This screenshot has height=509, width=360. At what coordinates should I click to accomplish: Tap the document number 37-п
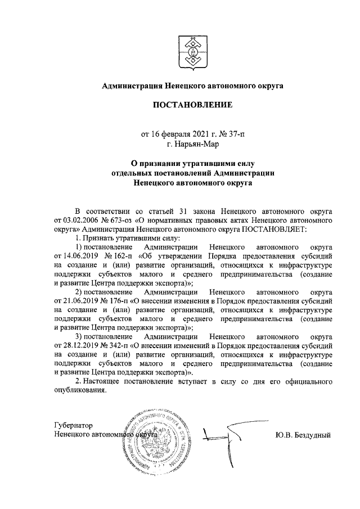[x=236, y=134]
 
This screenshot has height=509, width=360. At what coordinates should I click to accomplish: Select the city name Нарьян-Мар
[x=197, y=145]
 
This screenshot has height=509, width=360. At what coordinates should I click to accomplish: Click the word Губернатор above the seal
[x=73, y=425]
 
